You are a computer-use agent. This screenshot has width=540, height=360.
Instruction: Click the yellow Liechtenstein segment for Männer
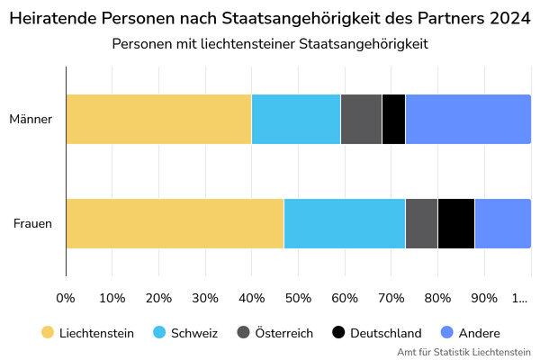158,119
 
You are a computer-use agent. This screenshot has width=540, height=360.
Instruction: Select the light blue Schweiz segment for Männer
296,119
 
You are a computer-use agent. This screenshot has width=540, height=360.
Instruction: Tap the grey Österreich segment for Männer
361,119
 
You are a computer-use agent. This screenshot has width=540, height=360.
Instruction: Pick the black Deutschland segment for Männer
393,119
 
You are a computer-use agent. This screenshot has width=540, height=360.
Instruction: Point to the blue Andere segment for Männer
468,119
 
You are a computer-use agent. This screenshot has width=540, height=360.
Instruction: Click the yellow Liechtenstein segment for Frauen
175,223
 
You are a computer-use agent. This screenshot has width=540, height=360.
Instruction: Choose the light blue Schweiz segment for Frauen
345,223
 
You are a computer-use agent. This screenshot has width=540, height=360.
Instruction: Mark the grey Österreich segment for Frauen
421,223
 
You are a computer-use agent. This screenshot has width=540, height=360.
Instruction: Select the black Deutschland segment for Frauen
455,223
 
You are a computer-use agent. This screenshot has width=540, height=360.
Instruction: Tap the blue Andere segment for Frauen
502,223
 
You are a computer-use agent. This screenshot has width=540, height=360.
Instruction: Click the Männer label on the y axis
31,119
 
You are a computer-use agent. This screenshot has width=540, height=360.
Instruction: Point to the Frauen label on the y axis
32,223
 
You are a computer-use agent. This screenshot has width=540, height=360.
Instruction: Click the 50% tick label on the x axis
298,298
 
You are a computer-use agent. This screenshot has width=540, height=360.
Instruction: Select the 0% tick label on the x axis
66,298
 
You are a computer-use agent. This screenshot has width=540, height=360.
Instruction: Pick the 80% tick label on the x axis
437,298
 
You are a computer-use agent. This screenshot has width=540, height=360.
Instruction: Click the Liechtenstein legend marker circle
48,333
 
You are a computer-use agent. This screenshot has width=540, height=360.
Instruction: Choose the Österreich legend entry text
283,333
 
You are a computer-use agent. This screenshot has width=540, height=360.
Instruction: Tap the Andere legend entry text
480,333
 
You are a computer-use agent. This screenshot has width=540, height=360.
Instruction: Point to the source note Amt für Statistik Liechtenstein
463,352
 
